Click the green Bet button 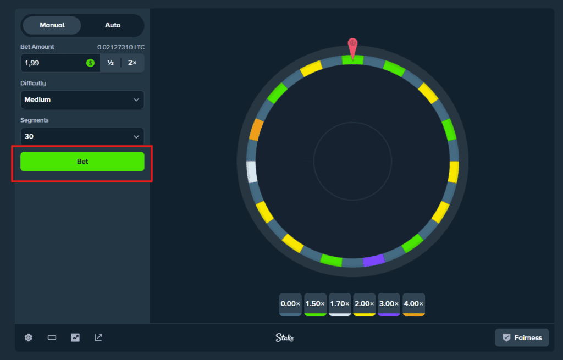[x=82, y=162]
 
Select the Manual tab [x=52, y=25]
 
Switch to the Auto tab [x=113, y=25]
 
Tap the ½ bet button [x=111, y=63]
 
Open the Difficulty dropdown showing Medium [x=82, y=100]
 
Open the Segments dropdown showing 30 [x=82, y=136]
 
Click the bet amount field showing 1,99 [x=52, y=63]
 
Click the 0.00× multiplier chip [x=290, y=304]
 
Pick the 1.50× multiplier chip [x=315, y=304]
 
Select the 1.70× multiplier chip [x=340, y=304]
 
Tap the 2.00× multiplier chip [x=365, y=304]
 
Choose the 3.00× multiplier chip [x=389, y=304]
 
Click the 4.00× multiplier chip [x=414, y=304]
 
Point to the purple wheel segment [x=374, y=260]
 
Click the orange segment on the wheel [x=256, y=130]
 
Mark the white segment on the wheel [x=252, y=172]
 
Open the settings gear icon [x=29, y=337]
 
